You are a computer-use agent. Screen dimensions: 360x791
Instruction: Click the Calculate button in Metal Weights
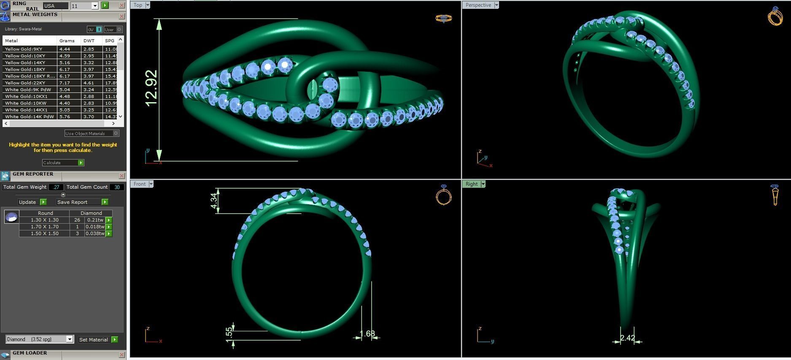(63, 162)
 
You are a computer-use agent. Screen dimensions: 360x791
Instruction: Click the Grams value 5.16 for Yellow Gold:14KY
(65, 62)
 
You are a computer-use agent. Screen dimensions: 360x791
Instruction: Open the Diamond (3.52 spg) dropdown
(70, 339)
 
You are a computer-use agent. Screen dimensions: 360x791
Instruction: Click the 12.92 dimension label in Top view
(151, 88)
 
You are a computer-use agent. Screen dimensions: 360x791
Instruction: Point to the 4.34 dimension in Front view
(214, 200)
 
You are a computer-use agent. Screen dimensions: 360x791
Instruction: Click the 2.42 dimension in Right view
(627, 338)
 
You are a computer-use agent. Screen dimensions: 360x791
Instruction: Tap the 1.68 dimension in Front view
(367, 334)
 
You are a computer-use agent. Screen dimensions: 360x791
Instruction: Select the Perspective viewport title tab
(478, 5)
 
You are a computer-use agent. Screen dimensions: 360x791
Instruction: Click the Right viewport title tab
(471, 184)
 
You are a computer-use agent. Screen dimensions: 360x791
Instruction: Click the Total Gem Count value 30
(117, 187)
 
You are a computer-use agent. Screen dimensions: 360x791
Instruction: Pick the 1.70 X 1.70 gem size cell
(44, 227)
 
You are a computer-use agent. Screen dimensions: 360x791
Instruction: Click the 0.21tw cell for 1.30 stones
(94, 220)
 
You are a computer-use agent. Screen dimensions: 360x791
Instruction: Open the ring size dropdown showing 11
(95, 6)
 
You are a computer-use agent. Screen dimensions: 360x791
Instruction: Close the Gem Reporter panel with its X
(122, 176)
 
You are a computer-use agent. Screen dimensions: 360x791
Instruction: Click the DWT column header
(89, 41)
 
